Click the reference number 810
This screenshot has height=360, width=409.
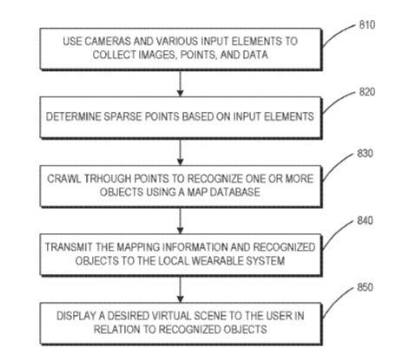367,25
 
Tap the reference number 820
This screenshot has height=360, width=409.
367,92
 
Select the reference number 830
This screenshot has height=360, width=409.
365,154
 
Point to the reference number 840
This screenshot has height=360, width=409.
365,220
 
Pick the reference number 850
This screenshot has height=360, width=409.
365,287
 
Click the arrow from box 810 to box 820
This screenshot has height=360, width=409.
180,83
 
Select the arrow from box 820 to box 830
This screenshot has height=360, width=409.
180,152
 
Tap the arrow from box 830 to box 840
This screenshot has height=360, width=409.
180,220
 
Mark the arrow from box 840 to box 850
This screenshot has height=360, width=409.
180,290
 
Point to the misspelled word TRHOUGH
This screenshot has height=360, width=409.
108,179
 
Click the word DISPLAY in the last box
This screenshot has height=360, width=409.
76,316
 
